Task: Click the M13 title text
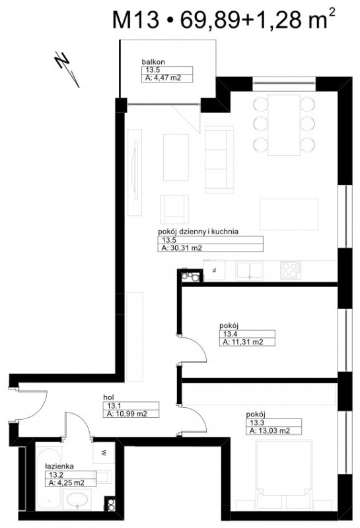pyautogui.click(x=135, y=20)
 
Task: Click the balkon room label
pyautogui.click(x=153, y=62)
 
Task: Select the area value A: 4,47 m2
pyautogui.click(x=163, y=78)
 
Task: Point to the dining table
pyautogui.click(x=284, y=125)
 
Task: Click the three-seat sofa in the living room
pyautogui.click(x=219, y=160)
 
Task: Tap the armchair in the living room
pyautogui.click(x=174, y=209)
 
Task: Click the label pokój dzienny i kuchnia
pyautogui.click(x=198, y=232)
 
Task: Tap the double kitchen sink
pyautogui.click(x=250, y=271)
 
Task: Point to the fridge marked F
pyautogui.click(x=214, y=270)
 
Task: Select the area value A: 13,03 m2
pyautogui.click(x=270, y=431)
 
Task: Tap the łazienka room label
pyautogui.click(x=59, y=467)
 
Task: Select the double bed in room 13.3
pyautogui.click(x=284, y=474)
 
